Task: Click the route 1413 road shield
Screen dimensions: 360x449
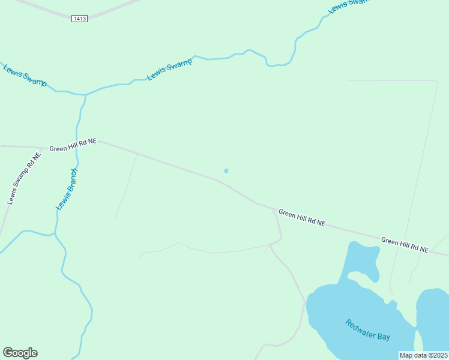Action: click(x=79, y=19)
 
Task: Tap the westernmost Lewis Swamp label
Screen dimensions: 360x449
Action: click(x=25, y=74)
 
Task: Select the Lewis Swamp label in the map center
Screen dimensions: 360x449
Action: click(x=170, y=68)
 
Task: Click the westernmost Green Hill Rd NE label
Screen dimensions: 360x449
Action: click(x=73, y=145)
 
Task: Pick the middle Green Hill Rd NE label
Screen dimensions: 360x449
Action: click(x=302, y=218)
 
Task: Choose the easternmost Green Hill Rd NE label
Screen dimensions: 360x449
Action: click(x=405, y=245)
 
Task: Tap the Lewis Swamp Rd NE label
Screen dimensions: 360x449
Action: click(x=25, y=179)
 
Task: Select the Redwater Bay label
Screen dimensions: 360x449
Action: click(x=367, y=329)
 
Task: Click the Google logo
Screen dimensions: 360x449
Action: click(x=20, y=353)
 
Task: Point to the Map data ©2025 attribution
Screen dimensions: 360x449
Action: click(x=423, y=355)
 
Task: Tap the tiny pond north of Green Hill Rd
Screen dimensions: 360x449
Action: click(x=226, y=171)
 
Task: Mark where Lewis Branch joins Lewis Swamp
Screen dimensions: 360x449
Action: click(x=85, y=95)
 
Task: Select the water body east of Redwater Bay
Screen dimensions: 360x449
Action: click(x=433, y=318)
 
